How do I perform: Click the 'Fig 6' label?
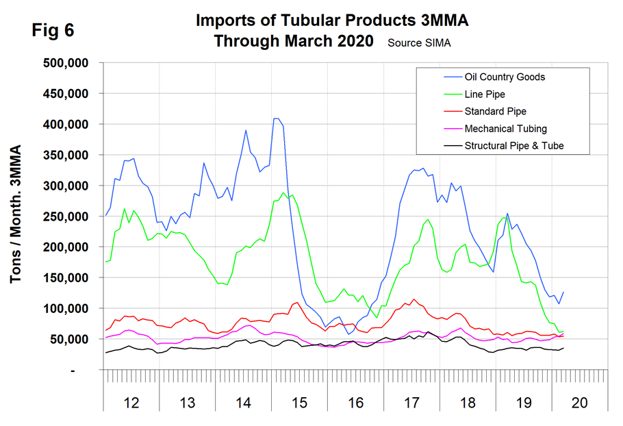pos(52,32)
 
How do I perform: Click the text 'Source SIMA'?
pos(419,42)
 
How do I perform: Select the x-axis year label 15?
pos(298,403)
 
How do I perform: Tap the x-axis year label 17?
pos(411,403)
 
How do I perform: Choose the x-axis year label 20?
pos(579,403)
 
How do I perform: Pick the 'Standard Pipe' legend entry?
pos(495,111)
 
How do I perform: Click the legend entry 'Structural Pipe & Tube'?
pos(514,145)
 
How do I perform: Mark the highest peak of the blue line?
pos(276,118)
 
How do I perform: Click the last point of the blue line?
pos(563,292)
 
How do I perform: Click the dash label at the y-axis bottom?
pos(92,370)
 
